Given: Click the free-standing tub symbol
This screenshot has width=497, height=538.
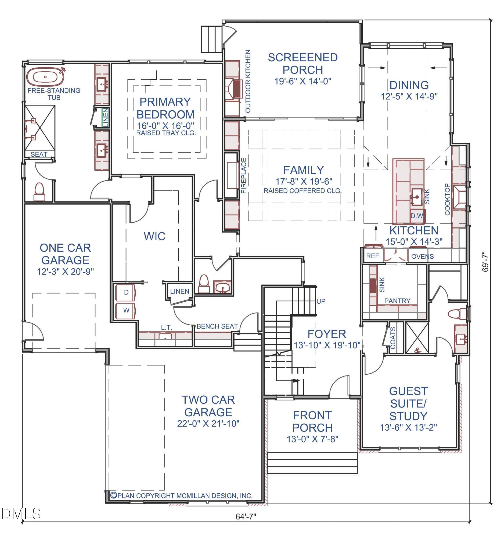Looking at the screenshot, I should point(45,77).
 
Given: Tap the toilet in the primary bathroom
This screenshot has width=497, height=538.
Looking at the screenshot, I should point(39,192).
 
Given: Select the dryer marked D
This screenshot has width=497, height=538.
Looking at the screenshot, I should point(125,292).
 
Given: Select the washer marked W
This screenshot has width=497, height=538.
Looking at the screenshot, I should point(125,310).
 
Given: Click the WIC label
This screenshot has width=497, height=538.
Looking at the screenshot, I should point(154,236).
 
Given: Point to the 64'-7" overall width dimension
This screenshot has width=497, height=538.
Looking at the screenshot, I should point(246,516).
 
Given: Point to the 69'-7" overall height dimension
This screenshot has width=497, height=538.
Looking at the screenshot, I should point(485,262).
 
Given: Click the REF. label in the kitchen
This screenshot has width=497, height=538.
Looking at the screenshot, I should point(373,256).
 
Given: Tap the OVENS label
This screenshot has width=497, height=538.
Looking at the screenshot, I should point(422,256).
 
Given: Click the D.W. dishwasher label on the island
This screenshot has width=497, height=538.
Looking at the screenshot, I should point(417,216).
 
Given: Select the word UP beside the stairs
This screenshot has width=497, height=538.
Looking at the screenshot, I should point(321,301).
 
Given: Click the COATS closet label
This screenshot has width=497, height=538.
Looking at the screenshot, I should point(393,338).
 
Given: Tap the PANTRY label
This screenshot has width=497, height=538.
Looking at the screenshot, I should point(397,301).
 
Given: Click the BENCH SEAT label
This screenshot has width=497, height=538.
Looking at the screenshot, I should point(217,326).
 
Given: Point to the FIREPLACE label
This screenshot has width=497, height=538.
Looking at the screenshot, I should point(244,176).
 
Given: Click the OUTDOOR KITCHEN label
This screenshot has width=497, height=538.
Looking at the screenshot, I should point(248,81).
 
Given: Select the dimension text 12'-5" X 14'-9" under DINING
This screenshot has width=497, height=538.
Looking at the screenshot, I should point(409,96).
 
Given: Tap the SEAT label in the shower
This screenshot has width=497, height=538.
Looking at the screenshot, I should point(39,154).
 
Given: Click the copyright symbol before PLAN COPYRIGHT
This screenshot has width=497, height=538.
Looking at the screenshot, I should point(114,495).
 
